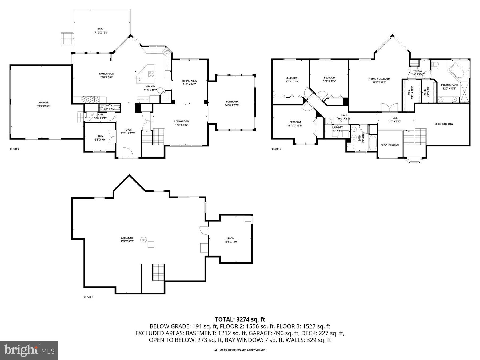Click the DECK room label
pyautogui.click(x=100, y=29)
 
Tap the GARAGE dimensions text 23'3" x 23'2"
pyautogui.click(x=44, y=106)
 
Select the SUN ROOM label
pyautogui.click(x=232, y=102)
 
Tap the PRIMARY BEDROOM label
pyautogui.click(x=379, y=79)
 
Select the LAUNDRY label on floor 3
pyautogui.click(x=337, y=127)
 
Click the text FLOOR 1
pyautogui.click(x=89, y=297)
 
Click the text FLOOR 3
pyautogui.click(x=277, y=149)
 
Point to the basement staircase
pyautogui.click(x=158, y=272)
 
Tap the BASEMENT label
pyautogui.click(x=127, y=238)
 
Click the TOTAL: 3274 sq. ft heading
pyautogui.click(x=240, y=319)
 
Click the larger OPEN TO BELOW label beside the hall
pyautogui.click(x=444, y=124)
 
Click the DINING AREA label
pyautogui.click(x=189, y=81)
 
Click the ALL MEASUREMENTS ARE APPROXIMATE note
pyautogui.click(x=240, y=350)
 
